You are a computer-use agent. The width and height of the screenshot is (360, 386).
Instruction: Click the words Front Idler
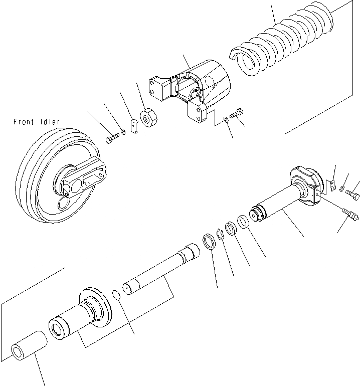point(37,122)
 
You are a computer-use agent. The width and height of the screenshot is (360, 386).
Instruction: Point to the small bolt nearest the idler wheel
point(112,138)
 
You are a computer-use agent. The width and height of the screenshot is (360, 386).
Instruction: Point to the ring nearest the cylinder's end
point(242,221)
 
